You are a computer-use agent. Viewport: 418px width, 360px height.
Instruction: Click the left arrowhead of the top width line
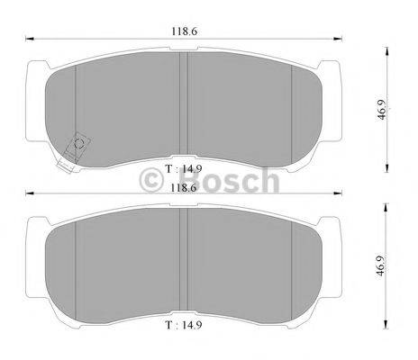coord(29,39)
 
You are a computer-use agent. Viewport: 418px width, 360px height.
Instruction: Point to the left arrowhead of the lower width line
coord(29,193)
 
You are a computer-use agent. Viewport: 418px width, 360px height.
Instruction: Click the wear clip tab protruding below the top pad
coord(65,164)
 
